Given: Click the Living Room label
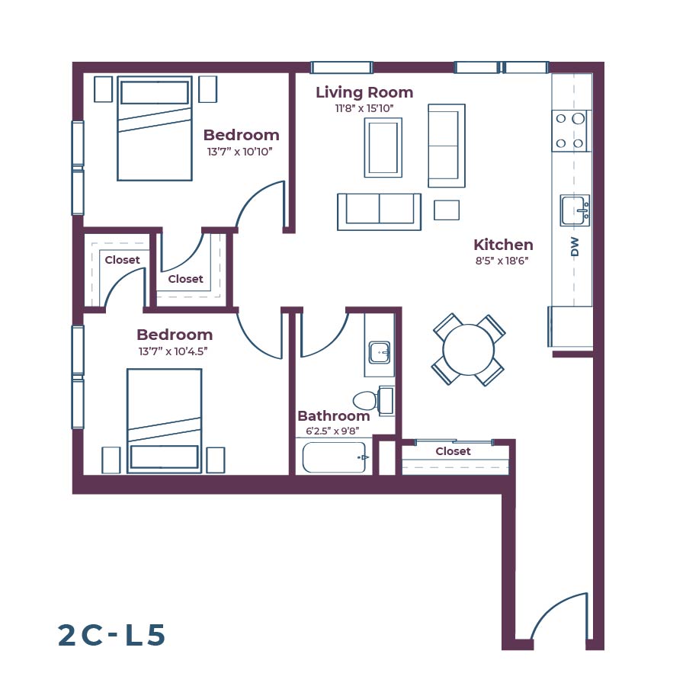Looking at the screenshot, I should pyautogui.click(x=364, y=93).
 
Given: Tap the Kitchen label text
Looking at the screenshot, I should pyautogui.click(x=503, y=245).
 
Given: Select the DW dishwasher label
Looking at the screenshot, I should pyautogui.click(x=575, y=246).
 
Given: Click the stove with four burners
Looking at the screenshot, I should pyautogui.click(x=570, y=130).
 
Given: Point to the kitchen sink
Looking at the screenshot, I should pyautogui.click(x=575, y=210).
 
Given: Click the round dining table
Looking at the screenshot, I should pyautogui.click(x=469, y=350).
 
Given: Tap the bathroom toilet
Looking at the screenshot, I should pyautogui.click(x=367, y=399).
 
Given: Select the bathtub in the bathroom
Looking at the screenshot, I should pyautogui.click(x=335, y=457).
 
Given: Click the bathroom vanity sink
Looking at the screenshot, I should pyautogui.click(x=380, y=352).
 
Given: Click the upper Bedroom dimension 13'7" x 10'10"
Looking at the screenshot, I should pyautogui.click(x=240, y=152).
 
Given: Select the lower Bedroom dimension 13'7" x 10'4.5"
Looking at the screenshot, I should pyautogui.click(x=174, y=351).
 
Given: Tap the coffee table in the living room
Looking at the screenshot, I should pyautogui.click(x=383, y=148).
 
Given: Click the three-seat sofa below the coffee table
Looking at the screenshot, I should pyautogui.click(x=379, y=210).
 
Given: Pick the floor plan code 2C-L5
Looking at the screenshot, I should pyautogui.click(x=111, y=635).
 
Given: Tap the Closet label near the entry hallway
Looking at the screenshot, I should pyautogui.click(x=454, y=451).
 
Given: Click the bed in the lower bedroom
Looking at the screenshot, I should pyautogui.click(x=164, y=422).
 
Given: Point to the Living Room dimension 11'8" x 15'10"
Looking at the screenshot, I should pyautogui.click(x=364, y=109).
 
